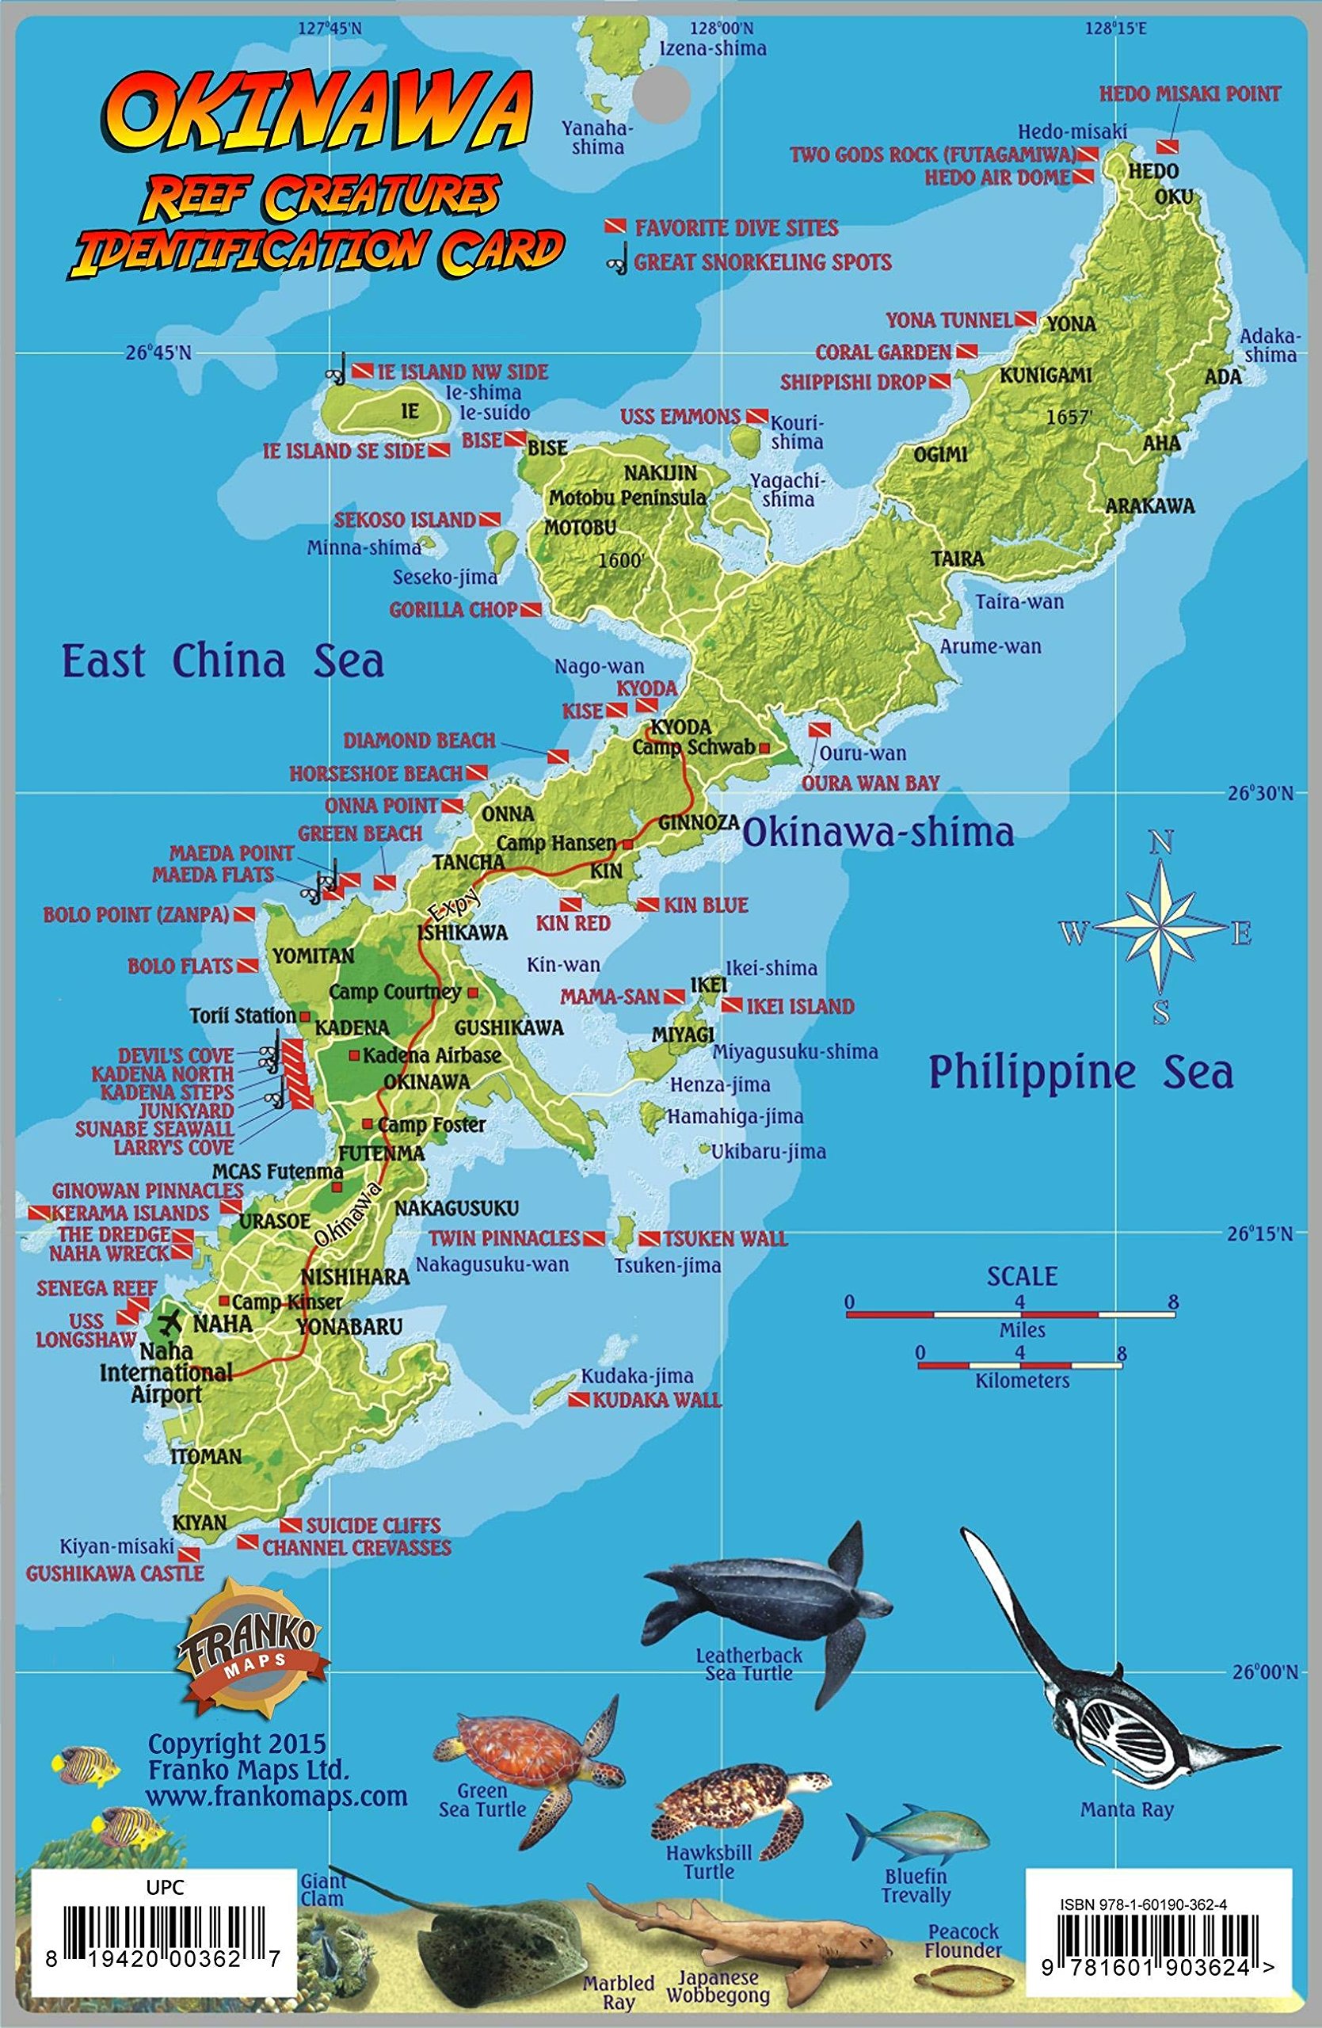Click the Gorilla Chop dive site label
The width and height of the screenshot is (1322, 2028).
click(x=452, y=609)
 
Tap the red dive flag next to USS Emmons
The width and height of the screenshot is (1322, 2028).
click(x=756, y=417)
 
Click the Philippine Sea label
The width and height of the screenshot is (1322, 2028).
click(x=1080, y=1072)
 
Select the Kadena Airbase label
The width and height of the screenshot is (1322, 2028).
click(x=432, y=1055)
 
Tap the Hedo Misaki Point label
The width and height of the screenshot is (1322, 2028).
click(x=1189, y=93)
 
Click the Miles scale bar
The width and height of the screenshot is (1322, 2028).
click(x=1010, y=1315)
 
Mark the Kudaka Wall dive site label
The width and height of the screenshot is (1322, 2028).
click(x=656, y=1399)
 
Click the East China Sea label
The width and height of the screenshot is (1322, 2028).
click(x=223, y=661)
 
